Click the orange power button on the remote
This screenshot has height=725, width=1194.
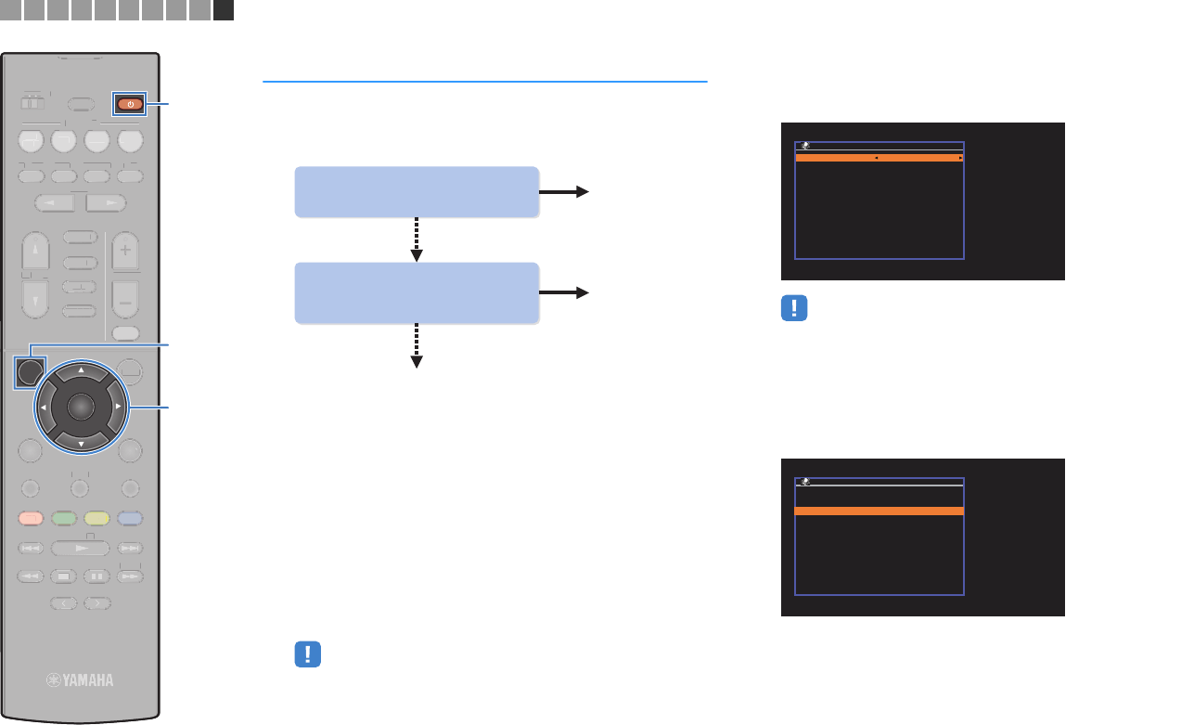(130, 104)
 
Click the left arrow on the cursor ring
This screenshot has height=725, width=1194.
(43, 407)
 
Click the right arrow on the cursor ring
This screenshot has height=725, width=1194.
(118, 407)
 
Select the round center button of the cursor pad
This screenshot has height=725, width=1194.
(81, 407)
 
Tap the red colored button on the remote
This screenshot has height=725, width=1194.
(30, 518)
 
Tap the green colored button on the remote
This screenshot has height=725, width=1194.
(63, 518)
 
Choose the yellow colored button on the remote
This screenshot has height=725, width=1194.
(96, 518)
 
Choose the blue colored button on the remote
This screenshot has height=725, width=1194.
(130, 518)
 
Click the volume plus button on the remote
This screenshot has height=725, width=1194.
(124, 251)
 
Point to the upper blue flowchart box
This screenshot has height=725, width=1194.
(417, 191)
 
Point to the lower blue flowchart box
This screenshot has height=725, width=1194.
(417, 292)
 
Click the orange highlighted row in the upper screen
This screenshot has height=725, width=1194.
(879, 159)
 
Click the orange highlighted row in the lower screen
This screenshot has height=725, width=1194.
(879, 511)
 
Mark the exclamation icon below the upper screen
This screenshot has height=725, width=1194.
(795, 309)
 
